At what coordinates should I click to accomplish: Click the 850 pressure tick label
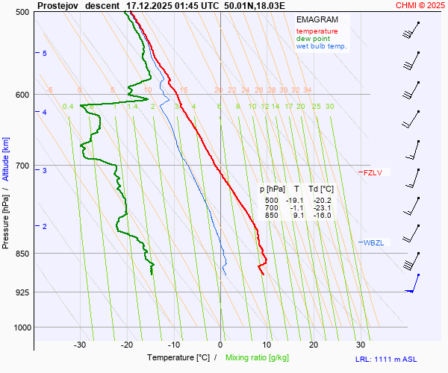pyautogui.click(x=22, y=254)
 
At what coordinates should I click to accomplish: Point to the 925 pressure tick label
pyautogui.click(x=22, y=292)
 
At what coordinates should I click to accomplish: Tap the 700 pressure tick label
pyautogui.click(x=22, y=166)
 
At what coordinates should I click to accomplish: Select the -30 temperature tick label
pyautogui.click(x=80, y=345)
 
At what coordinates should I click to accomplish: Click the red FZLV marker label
pyautogui.click(x=372, y=173)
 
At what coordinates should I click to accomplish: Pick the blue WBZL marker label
pyautogui.click(x=373, y=242)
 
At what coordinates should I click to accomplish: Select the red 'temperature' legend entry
pyautogui.click(x=317, y=31)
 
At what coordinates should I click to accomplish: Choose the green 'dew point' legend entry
pyautogui.click(x=313, y=39)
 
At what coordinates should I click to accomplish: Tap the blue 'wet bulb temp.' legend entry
pyautogui.click(x=322, y=46)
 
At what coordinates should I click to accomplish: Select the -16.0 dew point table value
pyautogui.click(x=320, y=216)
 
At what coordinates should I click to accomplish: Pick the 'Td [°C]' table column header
pyautogui.click(x=321, y=189)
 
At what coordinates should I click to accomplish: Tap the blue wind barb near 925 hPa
pyautogui.click(x=411, y=287)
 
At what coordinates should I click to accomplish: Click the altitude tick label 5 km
pyautogui.click(x=45, y=54)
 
